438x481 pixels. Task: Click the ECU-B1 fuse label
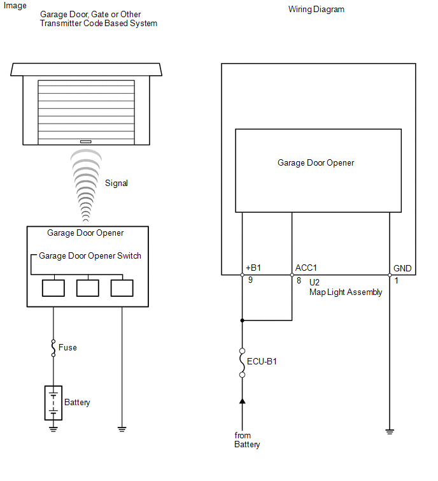[262, 361]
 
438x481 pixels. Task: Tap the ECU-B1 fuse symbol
[242, 363]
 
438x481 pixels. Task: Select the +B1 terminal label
[253, 268]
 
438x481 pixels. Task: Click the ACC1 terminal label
[306, 268]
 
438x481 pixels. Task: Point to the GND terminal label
[402, 268]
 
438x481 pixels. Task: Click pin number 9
[250, 280]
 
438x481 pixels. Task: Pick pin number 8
[299, 280]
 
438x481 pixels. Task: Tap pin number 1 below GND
[397, 280]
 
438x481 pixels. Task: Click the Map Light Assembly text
[346, 292]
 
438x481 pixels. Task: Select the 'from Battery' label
[247, 440]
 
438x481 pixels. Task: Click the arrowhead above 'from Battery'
[242, 401]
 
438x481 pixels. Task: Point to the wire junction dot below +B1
[242, 320]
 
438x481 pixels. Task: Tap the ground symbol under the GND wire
[390, 432]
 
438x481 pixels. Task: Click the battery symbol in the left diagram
[53, 403]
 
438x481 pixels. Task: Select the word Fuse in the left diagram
[67, 348]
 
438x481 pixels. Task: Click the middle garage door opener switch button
[88, 288]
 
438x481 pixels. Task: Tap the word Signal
[117, 183]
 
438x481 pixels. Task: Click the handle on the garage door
[86, 141]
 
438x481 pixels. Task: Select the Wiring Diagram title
[316, 10]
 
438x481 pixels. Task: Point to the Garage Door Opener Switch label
[90, 256]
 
